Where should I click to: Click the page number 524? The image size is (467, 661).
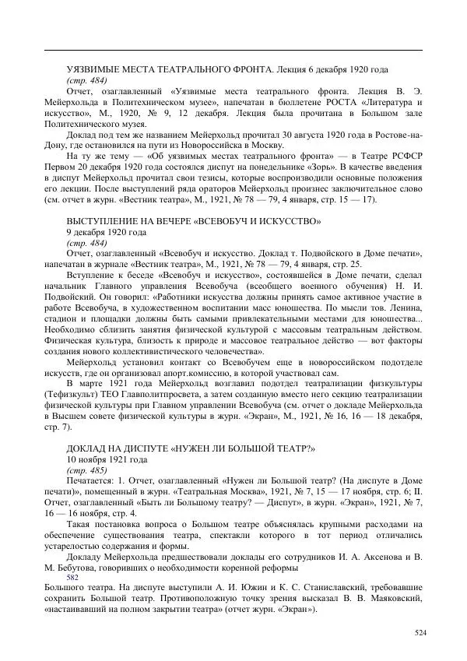click(x=420, y=633)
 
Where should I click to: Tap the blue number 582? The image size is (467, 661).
click(x=73, y=578)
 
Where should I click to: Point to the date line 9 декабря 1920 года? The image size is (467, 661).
click(x=105, y=233)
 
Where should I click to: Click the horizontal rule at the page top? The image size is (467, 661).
click(x=233, y=49)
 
